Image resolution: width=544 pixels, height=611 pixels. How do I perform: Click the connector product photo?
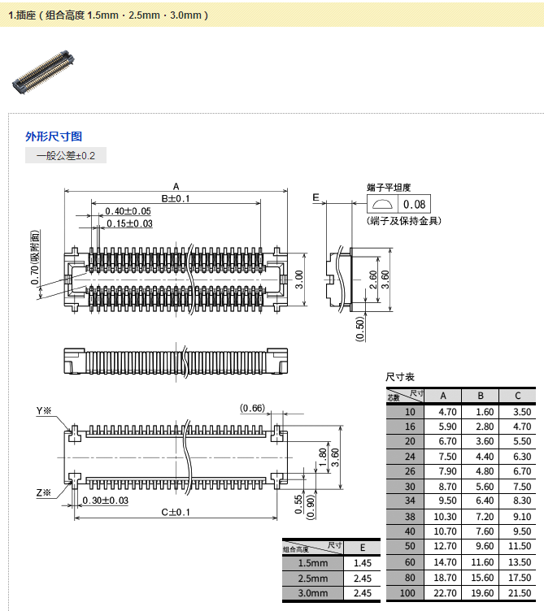pos(42,71)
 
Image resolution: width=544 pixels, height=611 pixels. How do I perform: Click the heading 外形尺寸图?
pos(54,136)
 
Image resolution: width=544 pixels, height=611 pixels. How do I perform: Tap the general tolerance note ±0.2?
pos(66,155)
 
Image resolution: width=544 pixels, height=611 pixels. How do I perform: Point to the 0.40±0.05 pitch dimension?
pos(128,211)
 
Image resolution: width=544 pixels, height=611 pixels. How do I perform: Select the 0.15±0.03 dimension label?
pos(129,223)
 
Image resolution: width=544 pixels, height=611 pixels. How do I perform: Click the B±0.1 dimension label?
pos(176,198)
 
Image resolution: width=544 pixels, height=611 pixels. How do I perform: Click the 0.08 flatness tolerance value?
pos(414,205)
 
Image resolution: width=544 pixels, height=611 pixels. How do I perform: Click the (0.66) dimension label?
pos(252,408)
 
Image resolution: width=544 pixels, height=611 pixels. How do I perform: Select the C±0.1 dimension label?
pos(176,512)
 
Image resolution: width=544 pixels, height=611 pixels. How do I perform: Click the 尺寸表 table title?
pos(400,377)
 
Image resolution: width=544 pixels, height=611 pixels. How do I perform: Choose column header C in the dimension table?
pos(518,396)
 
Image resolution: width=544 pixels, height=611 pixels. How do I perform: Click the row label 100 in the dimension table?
pos(408,593)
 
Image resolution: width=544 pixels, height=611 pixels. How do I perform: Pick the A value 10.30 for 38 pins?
pos(446,516)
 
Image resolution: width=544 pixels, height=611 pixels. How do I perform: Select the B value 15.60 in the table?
pos(483,578)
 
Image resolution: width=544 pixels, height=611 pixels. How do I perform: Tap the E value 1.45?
pos(363,563)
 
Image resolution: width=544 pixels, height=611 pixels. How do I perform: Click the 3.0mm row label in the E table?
pos(313,594)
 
